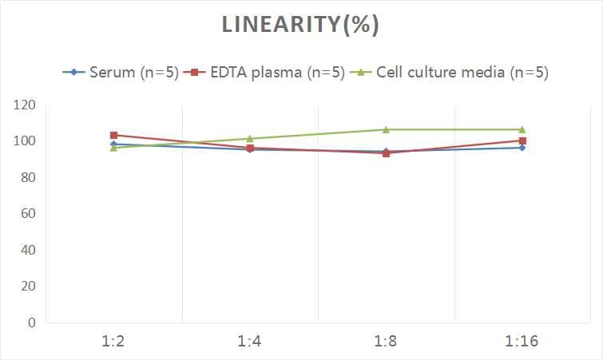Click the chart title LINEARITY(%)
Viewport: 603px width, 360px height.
point(301,25)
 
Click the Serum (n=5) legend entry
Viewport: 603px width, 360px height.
point(120,73)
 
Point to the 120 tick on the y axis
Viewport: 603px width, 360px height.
point(24,105)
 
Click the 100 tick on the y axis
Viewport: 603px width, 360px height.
point(24,141)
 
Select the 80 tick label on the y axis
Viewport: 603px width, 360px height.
point(27,177)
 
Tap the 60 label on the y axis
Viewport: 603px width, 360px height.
point(27,214)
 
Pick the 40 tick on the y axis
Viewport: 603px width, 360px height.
point(27,250)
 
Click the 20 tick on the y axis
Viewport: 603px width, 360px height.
point(27,287)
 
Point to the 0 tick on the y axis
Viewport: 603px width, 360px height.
point(31,322)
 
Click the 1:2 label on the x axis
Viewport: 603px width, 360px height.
point(113,342)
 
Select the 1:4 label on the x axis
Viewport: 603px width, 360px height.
point(250,342)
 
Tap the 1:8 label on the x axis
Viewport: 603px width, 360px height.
point(386,342)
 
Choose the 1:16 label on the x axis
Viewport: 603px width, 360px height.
point(522,342)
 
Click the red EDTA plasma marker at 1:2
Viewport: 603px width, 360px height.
point(114,135)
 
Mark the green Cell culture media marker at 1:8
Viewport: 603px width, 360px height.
point(386,129)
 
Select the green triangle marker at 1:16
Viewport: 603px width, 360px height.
point(522,129)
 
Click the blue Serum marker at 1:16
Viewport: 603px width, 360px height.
point(522,148)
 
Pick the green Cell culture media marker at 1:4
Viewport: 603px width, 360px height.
point(250,139)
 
